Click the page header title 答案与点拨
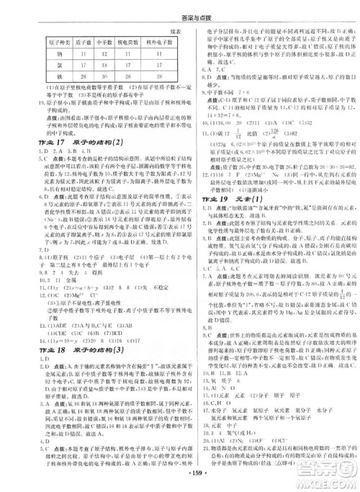(180, 8)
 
